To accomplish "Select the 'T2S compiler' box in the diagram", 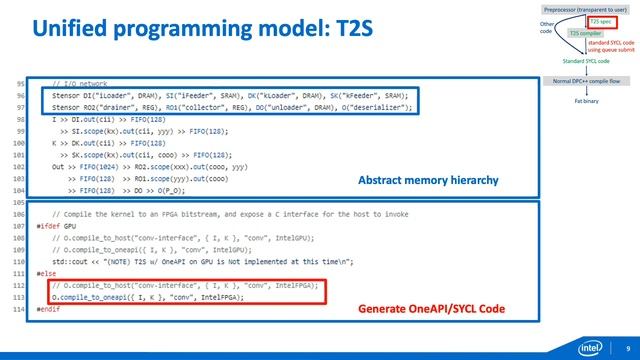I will coord(585,33).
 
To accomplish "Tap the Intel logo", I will coord(591,348).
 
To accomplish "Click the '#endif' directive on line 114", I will coord(44,308).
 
